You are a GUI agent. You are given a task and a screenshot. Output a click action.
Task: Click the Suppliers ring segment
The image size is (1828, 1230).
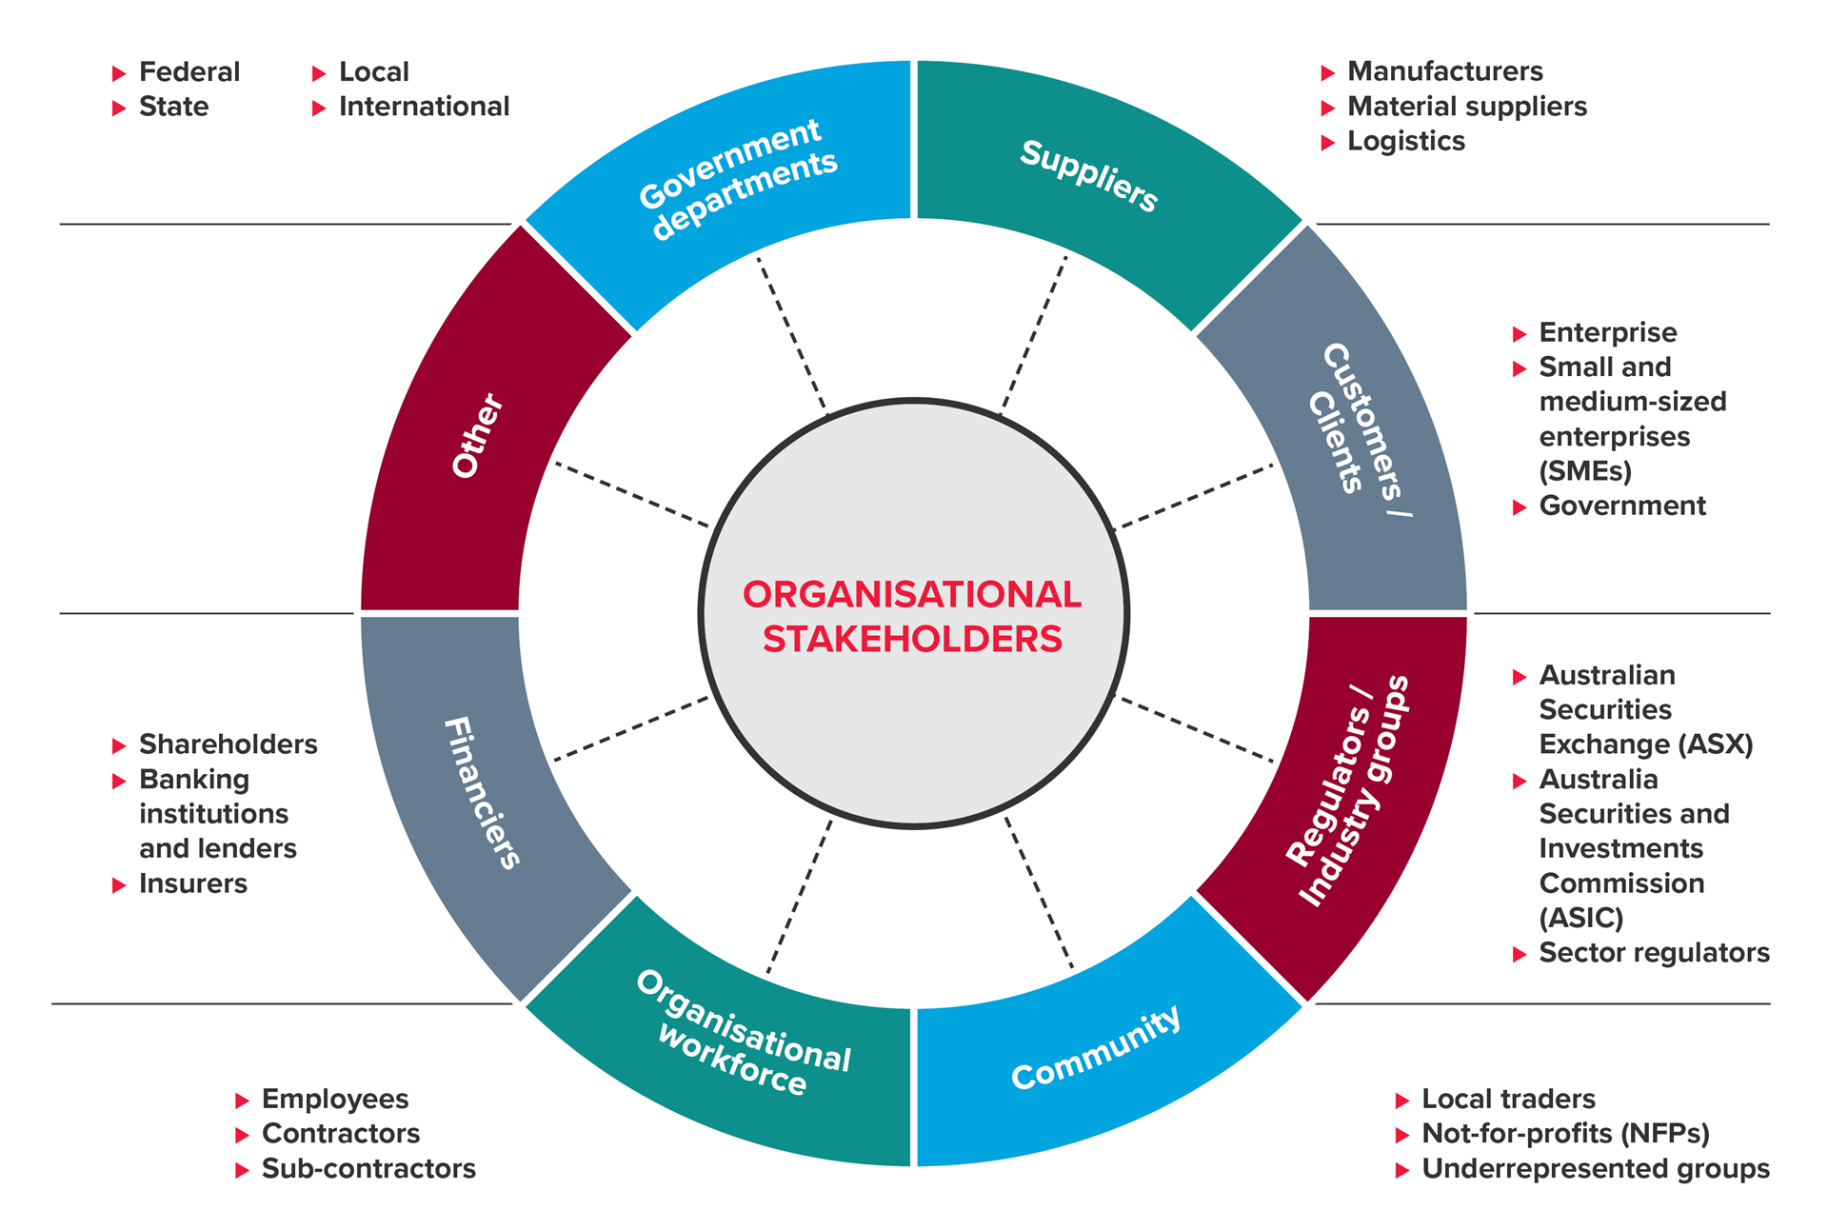tap(1089, 176)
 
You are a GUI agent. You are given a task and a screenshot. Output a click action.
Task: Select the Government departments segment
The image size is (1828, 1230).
tap(738, 179)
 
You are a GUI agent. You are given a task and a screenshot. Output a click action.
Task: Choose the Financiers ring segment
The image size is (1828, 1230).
tap(482, 792)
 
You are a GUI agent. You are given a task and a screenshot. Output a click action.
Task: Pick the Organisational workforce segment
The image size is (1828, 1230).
tap(743, 1047)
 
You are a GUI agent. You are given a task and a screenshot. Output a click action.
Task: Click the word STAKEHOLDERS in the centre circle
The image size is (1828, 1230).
tap(912, 639)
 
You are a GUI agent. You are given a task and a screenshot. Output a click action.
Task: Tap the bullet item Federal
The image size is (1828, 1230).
tap(189, 72)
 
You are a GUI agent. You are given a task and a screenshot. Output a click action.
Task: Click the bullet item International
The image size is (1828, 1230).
tap(424, 107)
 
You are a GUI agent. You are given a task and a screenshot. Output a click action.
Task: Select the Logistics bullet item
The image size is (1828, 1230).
tap(1405, 141)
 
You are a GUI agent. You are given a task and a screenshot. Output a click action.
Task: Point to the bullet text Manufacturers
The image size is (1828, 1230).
tap(1444, 71)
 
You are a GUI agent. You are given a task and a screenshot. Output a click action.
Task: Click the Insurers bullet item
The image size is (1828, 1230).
tap(192, 883)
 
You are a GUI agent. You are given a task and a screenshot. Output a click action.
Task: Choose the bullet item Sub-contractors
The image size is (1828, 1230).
tap(368, 1168)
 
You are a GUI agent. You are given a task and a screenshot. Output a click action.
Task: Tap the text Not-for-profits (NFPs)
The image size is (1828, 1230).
tap(1565, 1133)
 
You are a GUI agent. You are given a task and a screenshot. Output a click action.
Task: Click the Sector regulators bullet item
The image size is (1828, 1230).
tap(1654, 952)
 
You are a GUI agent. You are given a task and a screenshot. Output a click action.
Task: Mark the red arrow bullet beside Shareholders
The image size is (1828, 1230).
tap(119, 745)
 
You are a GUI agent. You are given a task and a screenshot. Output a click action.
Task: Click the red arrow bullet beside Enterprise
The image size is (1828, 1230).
tap(1520, 334)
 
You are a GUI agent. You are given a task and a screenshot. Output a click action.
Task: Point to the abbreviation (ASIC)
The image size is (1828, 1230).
tap(1580, 918)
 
